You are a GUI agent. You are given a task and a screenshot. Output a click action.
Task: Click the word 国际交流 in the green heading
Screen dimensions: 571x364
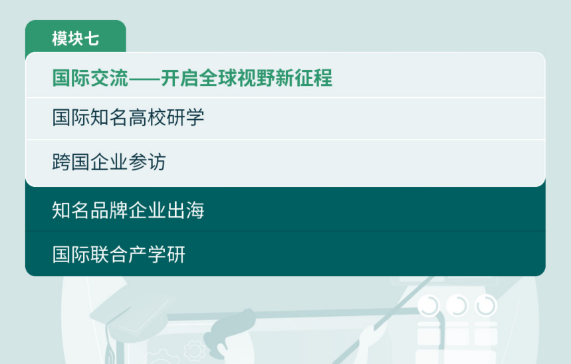pos(90,78)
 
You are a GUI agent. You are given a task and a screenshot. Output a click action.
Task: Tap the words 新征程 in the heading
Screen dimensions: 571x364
pos(304,78)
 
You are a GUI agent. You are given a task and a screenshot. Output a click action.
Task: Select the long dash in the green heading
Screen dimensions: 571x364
pos(144,79)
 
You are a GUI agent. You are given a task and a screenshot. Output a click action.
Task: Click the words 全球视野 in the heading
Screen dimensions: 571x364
pos(237,78)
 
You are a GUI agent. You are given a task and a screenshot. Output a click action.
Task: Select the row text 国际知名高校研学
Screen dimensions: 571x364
pos(128,117)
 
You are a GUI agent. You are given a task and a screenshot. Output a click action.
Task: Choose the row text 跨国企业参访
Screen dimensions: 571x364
pos(109,162)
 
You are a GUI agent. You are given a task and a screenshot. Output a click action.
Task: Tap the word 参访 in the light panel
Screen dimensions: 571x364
pos(147,162)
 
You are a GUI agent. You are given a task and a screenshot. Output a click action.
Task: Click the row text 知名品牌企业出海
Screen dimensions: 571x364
pos(128,210)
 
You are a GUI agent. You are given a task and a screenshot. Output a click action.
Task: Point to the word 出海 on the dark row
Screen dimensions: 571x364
pos(185,210)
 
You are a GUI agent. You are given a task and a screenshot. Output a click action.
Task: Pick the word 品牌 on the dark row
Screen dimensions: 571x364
pos(109,210)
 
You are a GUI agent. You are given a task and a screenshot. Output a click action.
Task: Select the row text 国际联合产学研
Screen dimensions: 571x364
pos(119,254)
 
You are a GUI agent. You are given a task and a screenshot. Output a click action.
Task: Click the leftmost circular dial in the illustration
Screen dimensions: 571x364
pos(429,305)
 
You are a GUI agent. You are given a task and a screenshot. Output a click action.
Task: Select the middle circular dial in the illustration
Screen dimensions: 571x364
pos(457,305)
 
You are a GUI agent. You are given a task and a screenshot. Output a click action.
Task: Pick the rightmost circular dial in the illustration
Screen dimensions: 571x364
pos(486,305)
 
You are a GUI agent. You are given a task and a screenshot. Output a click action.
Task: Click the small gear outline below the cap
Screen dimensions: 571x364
pos(195,351)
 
